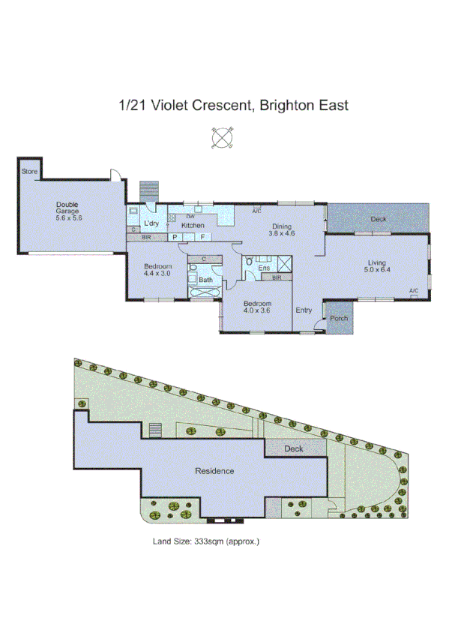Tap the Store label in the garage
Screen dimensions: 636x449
pos(28,172)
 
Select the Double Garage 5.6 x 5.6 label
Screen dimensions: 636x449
pos(67,211)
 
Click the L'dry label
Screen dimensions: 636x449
pos(151,224)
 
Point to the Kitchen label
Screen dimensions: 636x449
pos(193,225)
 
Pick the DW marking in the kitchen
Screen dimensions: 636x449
pos(190,217)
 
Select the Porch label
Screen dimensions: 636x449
pos(339,318)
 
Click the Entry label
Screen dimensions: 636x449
pos(304,310)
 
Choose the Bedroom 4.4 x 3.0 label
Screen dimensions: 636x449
pos(158,270)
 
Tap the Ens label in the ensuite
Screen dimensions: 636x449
pos(264,267)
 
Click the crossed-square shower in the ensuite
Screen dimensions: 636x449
pos(284,263)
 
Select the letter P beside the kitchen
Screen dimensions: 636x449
pos(175,237)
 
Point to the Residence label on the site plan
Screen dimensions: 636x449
pos(214,471)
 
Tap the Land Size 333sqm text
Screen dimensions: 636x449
pos(205,540)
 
